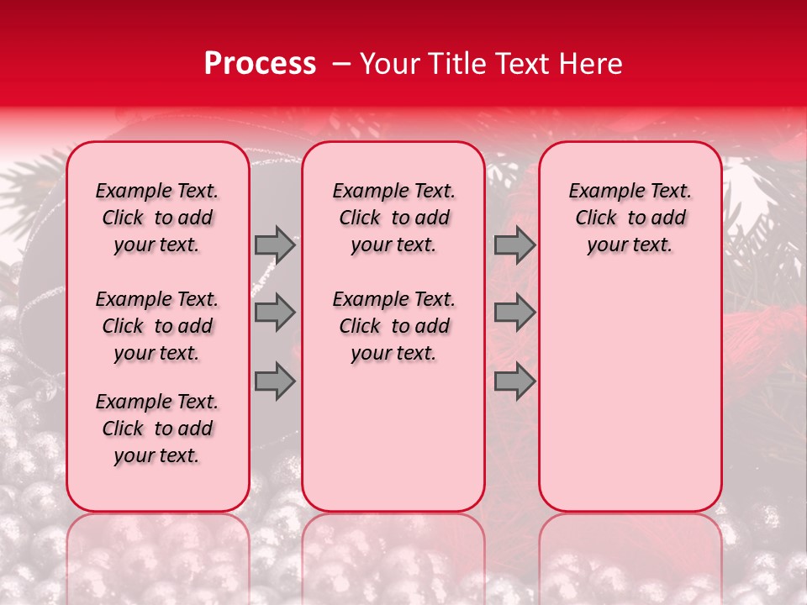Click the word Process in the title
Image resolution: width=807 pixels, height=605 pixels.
tap(260, 64)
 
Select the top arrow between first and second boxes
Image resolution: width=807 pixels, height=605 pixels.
tap(275, 245)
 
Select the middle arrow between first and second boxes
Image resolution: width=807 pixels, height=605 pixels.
tap(275, 313)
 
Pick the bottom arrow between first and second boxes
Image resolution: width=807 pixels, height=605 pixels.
tap(275, 381)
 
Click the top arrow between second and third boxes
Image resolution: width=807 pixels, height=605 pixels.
tap(514, 245)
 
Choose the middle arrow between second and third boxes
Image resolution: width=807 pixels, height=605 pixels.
tap(514, 313)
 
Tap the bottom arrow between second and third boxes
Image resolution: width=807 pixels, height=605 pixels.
tap(514, 381)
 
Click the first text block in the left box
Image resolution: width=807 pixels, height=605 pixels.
tap(157, 218)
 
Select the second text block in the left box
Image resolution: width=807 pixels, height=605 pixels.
tap(157, 326)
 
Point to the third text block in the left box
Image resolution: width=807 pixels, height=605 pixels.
tap(157, 429)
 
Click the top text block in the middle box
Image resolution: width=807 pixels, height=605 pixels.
tap(394, 218)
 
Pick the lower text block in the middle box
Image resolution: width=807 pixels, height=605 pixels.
tap(394, 326)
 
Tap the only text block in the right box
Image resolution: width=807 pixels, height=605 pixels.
tap(630, 218)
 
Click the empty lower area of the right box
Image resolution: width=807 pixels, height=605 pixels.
tap(630, 395)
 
